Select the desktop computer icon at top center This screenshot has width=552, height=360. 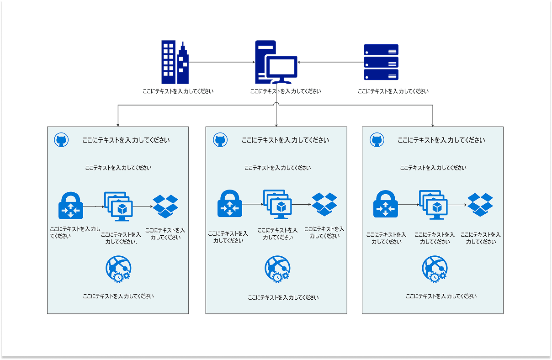276,62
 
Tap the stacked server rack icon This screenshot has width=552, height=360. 381,62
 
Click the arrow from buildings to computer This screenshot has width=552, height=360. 222,62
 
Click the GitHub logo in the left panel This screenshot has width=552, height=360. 61,140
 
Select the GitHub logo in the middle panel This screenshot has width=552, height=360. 220,140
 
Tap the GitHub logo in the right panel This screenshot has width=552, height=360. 377,140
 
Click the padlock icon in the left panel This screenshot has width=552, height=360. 71,206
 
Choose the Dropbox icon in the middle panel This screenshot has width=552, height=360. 324,204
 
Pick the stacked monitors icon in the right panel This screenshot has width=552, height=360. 433,205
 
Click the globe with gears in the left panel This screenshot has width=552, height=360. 118,269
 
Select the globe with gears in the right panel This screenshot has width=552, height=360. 435,269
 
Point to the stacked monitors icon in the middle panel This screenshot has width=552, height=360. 277,204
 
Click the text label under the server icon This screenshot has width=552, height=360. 393,91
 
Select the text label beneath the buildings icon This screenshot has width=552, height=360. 178,91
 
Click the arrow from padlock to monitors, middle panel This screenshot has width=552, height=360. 253,204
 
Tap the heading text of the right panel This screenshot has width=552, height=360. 441,140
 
